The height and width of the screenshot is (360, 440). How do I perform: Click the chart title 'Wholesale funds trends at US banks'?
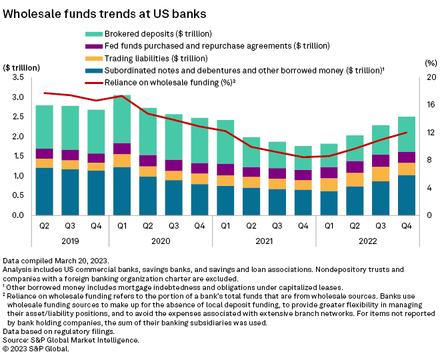tap(105, 13)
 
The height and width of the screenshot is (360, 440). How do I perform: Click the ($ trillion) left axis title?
tap(21, 66)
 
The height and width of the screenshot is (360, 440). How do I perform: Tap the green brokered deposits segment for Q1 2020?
tap(122, 119)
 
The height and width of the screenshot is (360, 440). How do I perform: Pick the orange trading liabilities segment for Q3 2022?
tap(381, 174)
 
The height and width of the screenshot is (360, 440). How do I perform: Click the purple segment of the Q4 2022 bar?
tap(407, 157)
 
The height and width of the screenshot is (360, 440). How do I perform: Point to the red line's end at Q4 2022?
tap(407, 133)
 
